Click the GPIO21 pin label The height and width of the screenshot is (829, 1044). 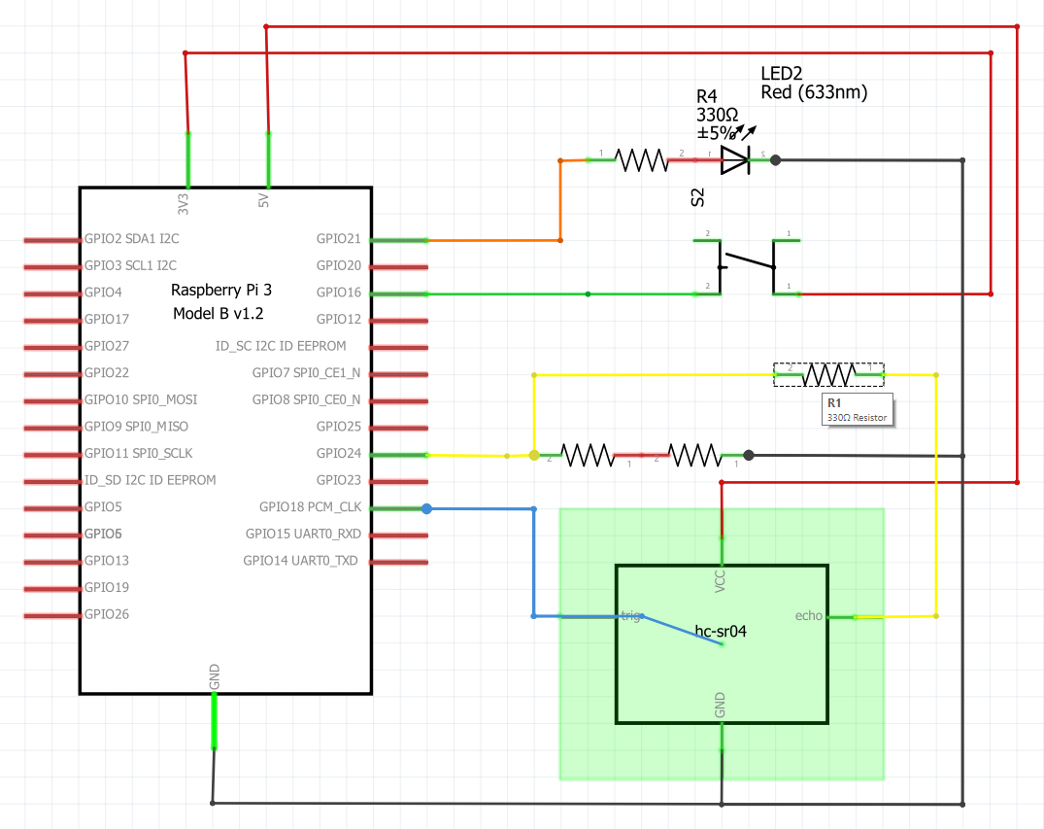coord(338,239)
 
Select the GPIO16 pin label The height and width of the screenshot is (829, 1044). coord(338,293)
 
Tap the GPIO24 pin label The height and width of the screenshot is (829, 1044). coord(338,454)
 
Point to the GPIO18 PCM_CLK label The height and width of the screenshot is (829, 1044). coord(310,507)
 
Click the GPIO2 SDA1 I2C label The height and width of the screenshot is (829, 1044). coord(131,238)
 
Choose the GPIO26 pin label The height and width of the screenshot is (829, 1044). coord(107,614)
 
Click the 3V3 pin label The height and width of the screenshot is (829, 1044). coord(184,201)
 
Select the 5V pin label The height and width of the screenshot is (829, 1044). coord(263,201)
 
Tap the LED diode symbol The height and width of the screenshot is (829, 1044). coord(735,160)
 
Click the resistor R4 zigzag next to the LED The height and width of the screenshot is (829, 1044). coord(641,160)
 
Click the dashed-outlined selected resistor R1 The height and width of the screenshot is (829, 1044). coord(828,374)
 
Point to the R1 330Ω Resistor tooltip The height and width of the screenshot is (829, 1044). coord(856,409)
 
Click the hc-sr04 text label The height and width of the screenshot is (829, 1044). coord(721,631)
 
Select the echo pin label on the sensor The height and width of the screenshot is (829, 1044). coord(808,615)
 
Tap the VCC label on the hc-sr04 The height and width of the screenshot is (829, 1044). coord(721,579)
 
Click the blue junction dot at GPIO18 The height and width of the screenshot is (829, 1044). coord(426,507)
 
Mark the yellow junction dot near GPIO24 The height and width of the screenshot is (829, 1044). coord(533,455)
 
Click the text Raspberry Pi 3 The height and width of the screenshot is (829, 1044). coord(220,290)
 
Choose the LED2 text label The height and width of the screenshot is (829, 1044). coord(781,74)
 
